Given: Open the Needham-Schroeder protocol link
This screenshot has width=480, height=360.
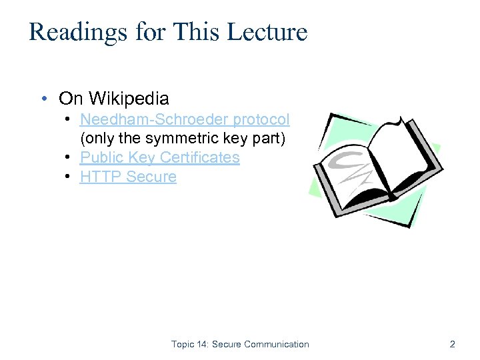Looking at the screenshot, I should tap(185, 119).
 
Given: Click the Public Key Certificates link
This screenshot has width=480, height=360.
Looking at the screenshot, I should tap(159, 157).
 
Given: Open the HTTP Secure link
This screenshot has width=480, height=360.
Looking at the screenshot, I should tap(128, 177).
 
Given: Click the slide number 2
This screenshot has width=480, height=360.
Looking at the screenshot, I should tap(453, 345).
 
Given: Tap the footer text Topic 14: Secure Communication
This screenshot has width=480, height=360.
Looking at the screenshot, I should tap(240, 345).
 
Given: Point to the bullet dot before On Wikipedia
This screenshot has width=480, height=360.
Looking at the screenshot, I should tap(43, 99).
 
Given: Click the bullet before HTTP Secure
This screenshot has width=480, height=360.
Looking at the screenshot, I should tap(69, 177).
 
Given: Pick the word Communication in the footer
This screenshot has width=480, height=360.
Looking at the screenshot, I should tap(277, 345).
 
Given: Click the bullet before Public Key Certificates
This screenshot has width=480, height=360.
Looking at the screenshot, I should tap(69, 157).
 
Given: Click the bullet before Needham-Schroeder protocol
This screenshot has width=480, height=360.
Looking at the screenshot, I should tap(69, 119).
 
